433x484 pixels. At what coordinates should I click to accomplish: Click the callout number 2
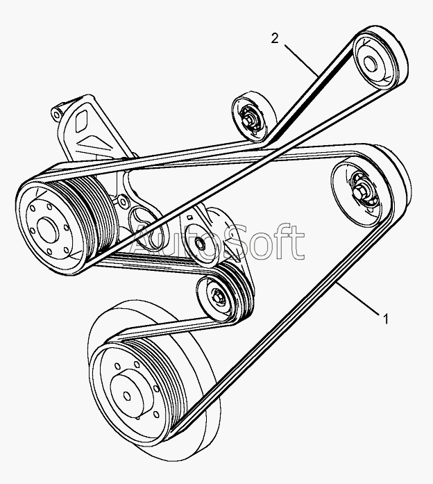(x=275, y=39)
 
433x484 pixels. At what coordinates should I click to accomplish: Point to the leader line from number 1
(x=358, y=299)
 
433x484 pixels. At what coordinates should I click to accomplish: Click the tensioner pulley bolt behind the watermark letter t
(x=200, y=243)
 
